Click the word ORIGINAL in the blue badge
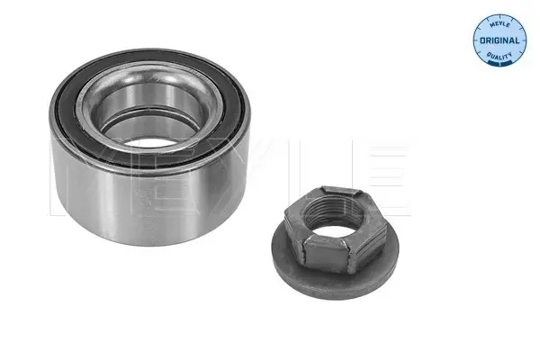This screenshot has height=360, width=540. (x=499, y=40)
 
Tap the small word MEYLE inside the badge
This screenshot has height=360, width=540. (x=499, y=23)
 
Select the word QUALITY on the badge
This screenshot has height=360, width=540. (x=499, y=57)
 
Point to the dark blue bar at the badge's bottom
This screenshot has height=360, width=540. (x=499, y=63)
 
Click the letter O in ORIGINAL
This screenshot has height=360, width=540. (x=483, y=40)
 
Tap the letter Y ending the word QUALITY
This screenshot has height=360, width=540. (x=510, y=54)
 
